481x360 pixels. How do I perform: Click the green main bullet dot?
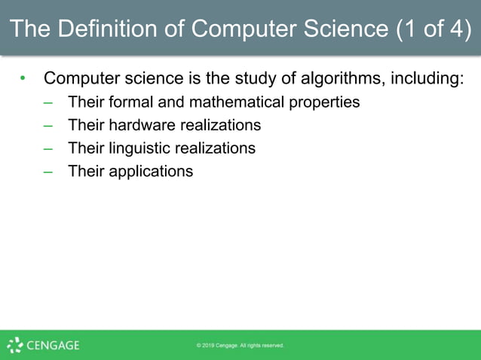click(x=23, y=78)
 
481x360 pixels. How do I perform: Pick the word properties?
click(x=326, y=102)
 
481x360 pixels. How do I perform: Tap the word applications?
click(x=151, y=172)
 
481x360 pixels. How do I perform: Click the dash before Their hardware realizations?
click(x=48, y=125)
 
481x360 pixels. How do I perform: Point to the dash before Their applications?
click(x=48, y=171)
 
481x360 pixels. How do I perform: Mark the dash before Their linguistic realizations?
click(x=48, y=148)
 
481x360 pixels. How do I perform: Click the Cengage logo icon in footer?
click(x=14, y=346)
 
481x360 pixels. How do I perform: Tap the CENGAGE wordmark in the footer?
click(x=53, y=346)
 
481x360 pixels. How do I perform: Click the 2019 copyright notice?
click(x=240, y=346)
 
